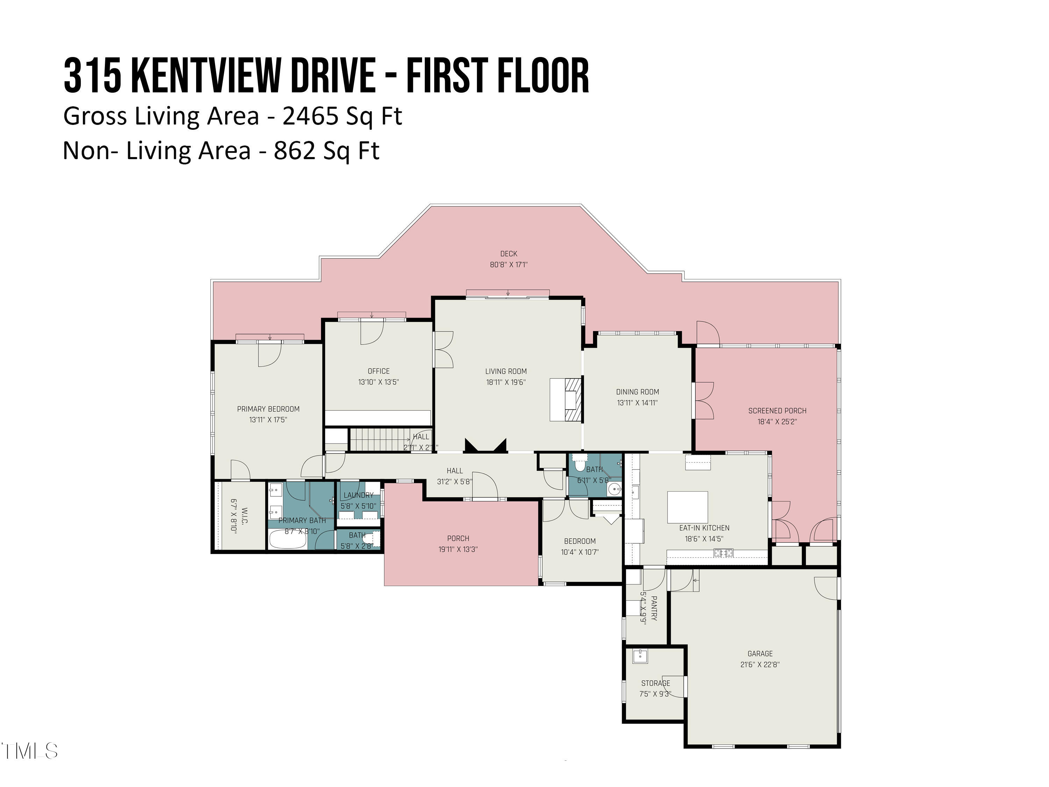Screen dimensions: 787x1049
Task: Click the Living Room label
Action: point(506,371)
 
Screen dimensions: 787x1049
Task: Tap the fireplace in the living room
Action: point(566,399)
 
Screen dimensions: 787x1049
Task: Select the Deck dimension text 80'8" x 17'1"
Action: point(508,265)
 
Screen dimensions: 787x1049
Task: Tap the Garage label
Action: point(760,654)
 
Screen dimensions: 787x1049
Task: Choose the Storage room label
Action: point(655,683)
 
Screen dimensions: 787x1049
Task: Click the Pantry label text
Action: point(654,609)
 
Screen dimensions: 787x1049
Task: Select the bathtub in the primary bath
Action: point(287,539)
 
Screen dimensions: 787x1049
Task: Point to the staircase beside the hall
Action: point(379,439)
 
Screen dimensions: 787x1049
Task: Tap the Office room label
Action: point(378,371)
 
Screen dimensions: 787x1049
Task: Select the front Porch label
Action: point(458,538)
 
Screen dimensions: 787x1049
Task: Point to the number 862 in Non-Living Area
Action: point(294,151)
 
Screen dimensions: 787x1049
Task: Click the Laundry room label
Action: point(358,495)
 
